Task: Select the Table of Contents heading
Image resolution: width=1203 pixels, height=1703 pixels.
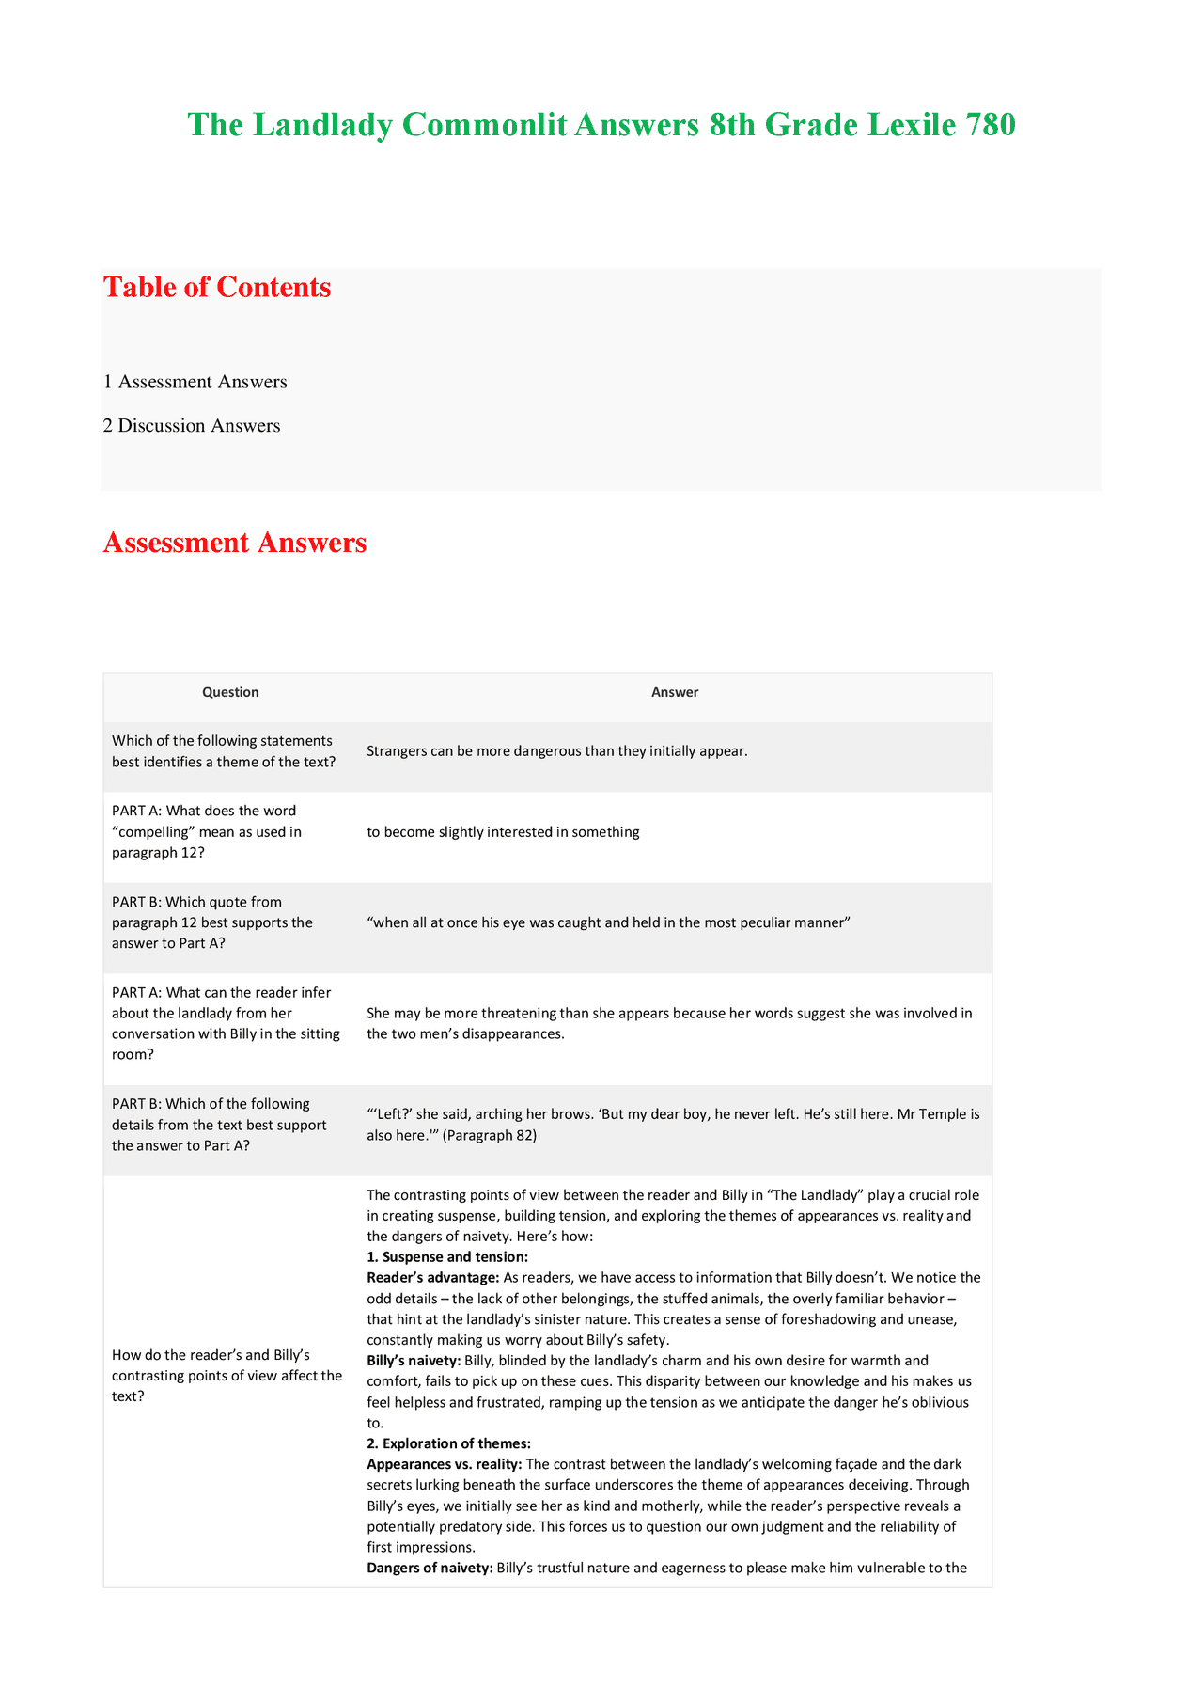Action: [217, 287]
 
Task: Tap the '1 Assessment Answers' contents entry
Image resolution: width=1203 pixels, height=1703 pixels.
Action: [195, 382]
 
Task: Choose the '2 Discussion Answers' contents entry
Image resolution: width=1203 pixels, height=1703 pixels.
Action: [192, 426]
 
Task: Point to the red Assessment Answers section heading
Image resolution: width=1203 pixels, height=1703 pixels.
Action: [235, 543]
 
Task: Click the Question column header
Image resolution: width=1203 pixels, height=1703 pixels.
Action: [230, 692]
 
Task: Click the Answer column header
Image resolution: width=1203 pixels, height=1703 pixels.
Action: [675, 692]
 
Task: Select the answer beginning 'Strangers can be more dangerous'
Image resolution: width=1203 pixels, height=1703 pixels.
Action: [556, 751]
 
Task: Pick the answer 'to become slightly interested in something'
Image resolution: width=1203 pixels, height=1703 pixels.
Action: [503, 832]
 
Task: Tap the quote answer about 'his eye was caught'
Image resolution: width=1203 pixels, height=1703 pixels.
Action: [608, 923]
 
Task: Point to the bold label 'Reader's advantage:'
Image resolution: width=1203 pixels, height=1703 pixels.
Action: [432, 1278]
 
